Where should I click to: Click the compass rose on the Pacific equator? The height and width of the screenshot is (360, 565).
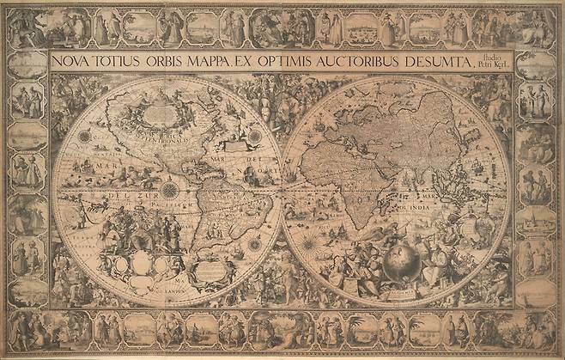[169, 189]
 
